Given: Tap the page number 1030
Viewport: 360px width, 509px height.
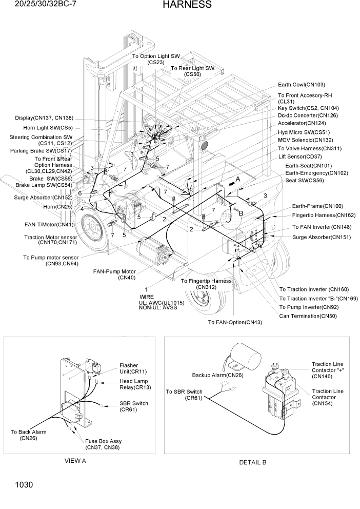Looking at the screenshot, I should [x=17, y=484].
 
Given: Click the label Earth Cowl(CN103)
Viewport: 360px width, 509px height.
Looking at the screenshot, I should [x=301, y=85].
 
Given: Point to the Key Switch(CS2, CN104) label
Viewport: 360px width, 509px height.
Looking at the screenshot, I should [x=308, y=108].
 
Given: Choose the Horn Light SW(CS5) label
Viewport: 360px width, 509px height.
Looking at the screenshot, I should [x=48, y=128].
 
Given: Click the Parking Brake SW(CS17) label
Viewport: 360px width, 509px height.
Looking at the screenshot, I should [x=41, y=151].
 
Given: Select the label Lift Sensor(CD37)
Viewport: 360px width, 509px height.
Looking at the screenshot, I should [x=300, y=156].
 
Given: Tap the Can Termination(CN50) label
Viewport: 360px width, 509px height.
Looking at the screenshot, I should [x=308, y=316].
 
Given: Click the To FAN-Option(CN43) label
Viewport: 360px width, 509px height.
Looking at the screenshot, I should [x=235, y=322].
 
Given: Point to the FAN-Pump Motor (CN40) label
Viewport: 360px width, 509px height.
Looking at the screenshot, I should [x=114, y=275].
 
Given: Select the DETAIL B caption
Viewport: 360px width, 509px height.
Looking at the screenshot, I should [x=253, y=462].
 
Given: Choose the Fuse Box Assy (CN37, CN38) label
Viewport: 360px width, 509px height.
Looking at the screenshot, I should [x=104, y=444].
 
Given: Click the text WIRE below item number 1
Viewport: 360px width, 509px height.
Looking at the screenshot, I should [x=146, y=297].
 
